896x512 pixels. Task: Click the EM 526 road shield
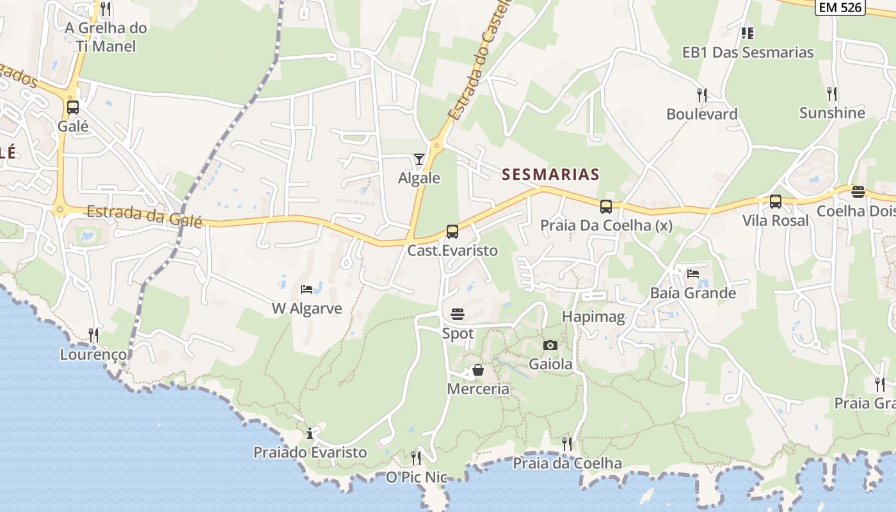(x=840, y=7)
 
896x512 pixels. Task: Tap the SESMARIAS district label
(x=550, y=174)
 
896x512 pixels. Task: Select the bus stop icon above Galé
(x=73, y=108)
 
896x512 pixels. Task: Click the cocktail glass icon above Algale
(x=419, y=159)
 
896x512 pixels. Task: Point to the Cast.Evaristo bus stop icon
(x=452, y=232)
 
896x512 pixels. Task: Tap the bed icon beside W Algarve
(x=307, y=289)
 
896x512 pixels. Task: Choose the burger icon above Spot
(x=458, y=314)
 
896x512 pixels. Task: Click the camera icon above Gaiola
(x=550, y=346)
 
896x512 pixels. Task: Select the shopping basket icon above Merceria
(x=477, y=370)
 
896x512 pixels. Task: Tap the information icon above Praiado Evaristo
(x=310, y=433)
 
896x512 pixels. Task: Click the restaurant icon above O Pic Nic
(x=416, y=458)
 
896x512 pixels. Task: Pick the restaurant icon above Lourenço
(x=93, y=335)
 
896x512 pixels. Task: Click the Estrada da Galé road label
(x=144, y=216)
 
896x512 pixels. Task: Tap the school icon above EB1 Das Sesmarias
(x=747, y=33)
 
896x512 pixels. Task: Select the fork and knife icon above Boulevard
(x=702, y=95)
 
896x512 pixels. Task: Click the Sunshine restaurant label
(x=832, y=113)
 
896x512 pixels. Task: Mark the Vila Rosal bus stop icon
(x=776, y=202)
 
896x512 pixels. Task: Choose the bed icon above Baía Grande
(x=693, y=274)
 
